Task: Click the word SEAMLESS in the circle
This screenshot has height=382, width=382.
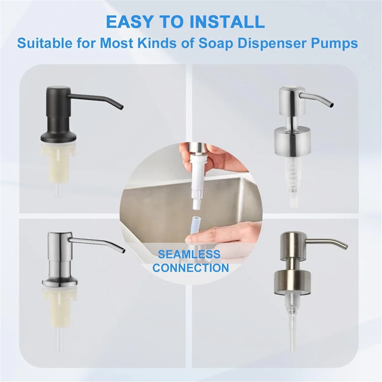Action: coord(189,254)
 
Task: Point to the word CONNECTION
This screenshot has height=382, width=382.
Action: coord(190,268)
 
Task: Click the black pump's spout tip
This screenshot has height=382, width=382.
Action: coord(121,106)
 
